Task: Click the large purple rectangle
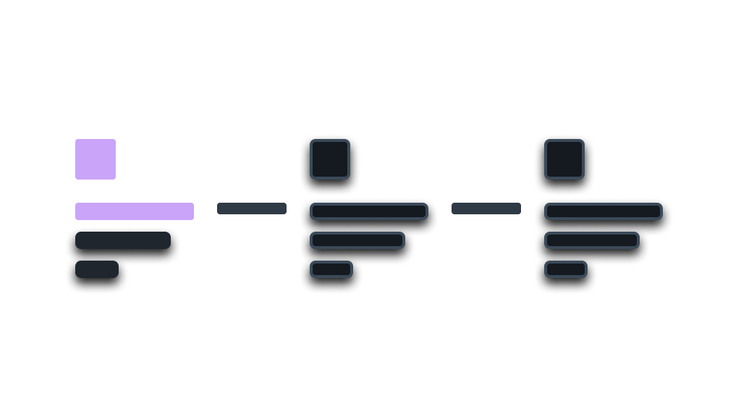[x=187, y=159]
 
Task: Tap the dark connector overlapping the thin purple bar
[x=258, y=208]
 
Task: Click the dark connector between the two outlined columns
[x=492, y=208]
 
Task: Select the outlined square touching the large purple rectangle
[x=330, y=159]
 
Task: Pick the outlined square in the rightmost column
[x=564, y=159]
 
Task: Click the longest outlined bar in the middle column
[x=369, y=211]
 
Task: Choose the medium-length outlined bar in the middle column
[x=357, y=240]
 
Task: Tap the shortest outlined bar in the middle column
[x=331, y=269]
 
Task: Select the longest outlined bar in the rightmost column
[x=604, y=211]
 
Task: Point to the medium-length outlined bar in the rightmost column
[x=592, y=240]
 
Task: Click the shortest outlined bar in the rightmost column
[x=566, y=269]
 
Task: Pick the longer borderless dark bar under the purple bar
[x=123, y=240]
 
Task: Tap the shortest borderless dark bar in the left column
[x=97, y=269]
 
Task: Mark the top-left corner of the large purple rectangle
[x=76, y=140]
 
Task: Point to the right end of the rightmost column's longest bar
[x=661, y=211]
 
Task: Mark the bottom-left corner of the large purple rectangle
[x=76, y=178]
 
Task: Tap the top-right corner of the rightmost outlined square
[x=583, y=140]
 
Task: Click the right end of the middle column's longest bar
[x=426, y=211]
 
